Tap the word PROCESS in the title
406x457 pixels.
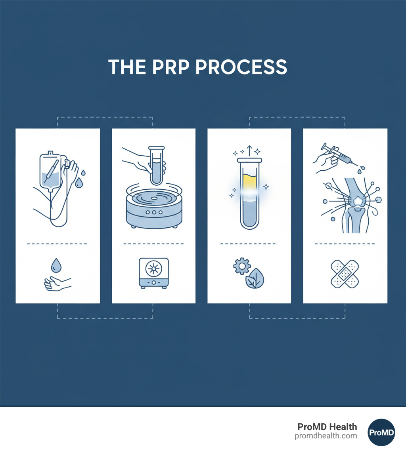[241, 67]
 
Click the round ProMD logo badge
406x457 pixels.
[381, 432]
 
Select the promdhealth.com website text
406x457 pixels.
[326, 436]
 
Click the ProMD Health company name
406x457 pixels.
[327, 427]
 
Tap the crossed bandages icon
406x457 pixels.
[345, 274]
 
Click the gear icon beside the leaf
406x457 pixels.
[242, 266]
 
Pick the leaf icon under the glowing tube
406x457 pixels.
[255, 278]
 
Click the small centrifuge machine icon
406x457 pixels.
[154, 273]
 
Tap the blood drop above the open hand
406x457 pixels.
[56, 265]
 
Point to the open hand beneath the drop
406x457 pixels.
[57, 284]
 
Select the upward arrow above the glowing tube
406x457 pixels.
[249, 150]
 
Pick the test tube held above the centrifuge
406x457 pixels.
[157, 166]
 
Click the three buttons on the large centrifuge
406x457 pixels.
[154, 212]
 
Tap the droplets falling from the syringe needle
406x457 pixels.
[361, 169]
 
